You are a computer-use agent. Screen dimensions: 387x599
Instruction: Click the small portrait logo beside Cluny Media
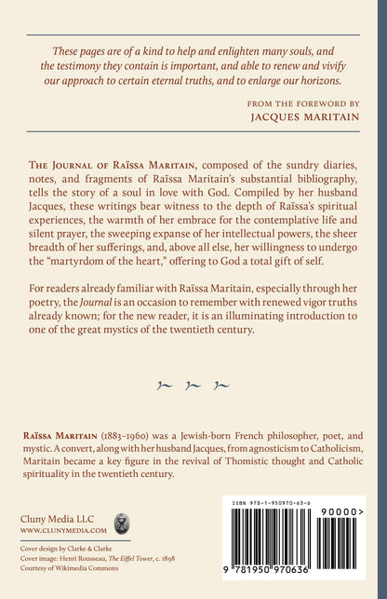click(121, 523)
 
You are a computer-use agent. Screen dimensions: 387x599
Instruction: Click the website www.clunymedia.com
click(60, 530)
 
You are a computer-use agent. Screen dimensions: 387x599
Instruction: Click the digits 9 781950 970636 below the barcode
click(279, 583)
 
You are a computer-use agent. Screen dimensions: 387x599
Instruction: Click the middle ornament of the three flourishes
click(193, 384)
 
